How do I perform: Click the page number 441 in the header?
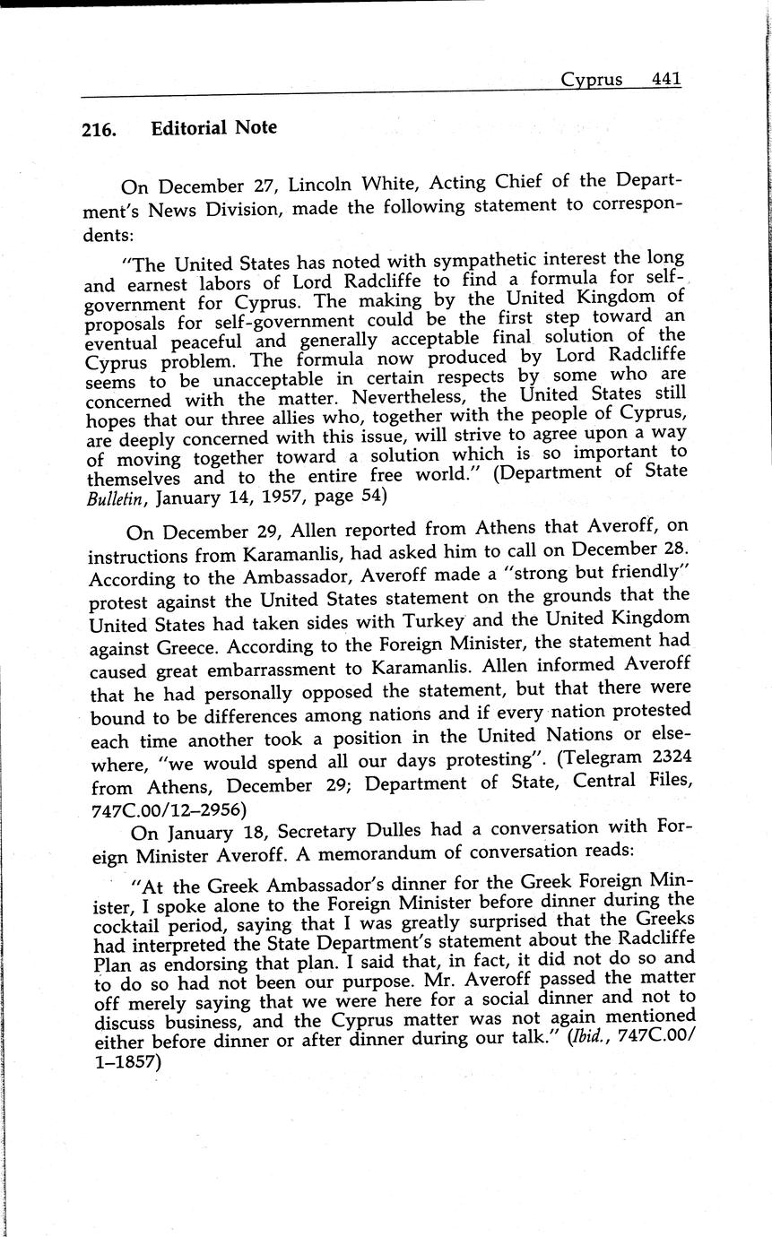pos(666,79)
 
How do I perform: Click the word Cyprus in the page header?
pos(591,80)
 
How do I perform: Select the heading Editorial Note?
pos(213,128)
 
